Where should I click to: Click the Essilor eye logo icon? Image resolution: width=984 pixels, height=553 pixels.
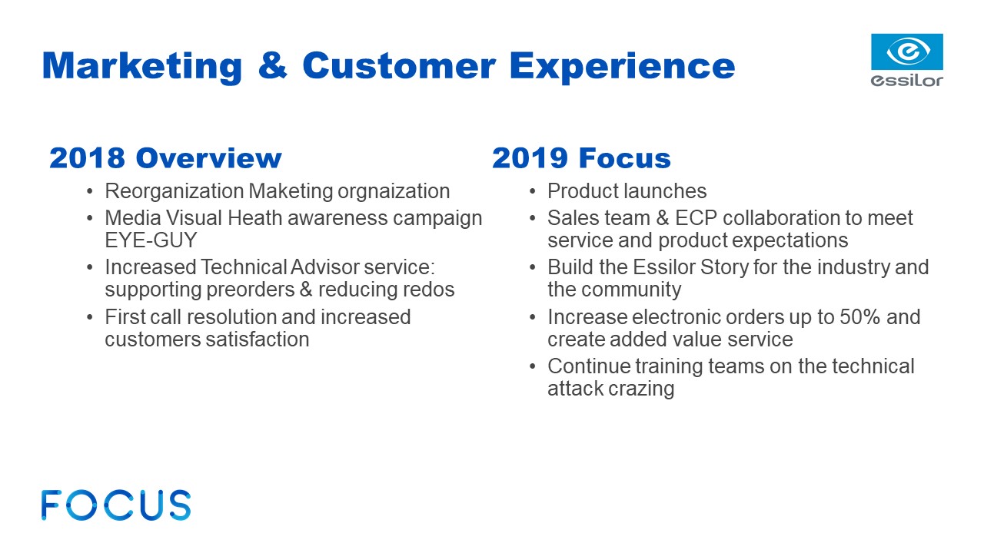pyautogui.click(x=906, y=51)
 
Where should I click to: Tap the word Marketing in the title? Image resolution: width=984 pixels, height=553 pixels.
pyautogui.click(x=142, y=67)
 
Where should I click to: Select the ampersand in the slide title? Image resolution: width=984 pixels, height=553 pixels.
pyautogui.click(x=272, y=65)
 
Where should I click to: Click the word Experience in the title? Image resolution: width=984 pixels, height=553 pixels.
pyautogui.click(x=622, y=67)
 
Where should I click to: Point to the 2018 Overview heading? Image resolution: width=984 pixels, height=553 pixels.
pyautogui.click(x=165, y=158)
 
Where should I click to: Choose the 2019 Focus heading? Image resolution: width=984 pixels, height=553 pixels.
pyautogui.click(x=581, y=158)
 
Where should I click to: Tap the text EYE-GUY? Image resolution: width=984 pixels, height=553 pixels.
pyautogui.click(x=151, y=240)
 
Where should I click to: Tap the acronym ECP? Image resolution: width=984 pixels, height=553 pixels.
pyautogui.click(x=696, y=218)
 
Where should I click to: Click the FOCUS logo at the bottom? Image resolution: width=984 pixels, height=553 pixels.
pyautogui.click(x=116, y=505)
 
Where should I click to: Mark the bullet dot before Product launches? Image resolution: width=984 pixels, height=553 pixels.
pyautogui.click(x=533, y=192)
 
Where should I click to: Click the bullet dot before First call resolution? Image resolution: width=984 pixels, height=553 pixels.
pyautogui.click(x=90, y=317)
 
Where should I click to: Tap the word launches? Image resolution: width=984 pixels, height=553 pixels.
pyautogui.click(x=665, y=191)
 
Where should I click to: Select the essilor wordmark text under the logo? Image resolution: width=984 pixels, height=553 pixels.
pyautogui.click(x=906, y=81)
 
